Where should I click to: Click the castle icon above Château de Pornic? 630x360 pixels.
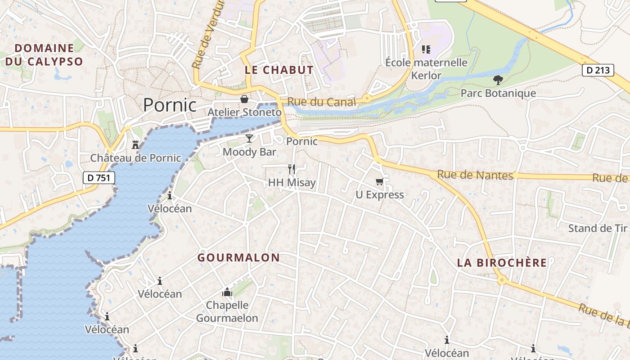pyautogui.click(x=135, y=144)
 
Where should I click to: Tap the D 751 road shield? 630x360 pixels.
pyautogui.click(x=99, y=178)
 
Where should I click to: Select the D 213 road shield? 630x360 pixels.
pyautogui.click(x=598, y=70)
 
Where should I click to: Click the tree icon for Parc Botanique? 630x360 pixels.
pyautogui.click(x=498, y=80)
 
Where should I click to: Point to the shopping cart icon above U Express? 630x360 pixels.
pyautogui.click(x=379, y=181)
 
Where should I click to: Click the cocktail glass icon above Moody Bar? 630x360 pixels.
pyautogui.click(x=249, y=139)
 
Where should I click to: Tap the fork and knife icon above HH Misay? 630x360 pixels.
pyautogui.click(x=292, y=169)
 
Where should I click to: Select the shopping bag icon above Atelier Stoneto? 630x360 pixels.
pyautogui.click(x=244, y=99)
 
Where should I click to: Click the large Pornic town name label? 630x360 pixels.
pyautogui.click(x=170, y=105)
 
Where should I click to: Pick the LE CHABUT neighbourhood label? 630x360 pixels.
pyautogui.click(x=279, y=70)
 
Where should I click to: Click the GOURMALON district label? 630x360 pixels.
pyautogui.click(x=239, y=258)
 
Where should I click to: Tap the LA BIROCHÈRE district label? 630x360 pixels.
pyautogui.click(x=502, y=263)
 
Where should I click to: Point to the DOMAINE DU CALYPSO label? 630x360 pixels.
pyautogui.click(x=44, y=55)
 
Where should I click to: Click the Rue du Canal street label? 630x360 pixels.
pyautogui.click(x=321, y=102)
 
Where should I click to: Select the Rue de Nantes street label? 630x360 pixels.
pyautogui.click(x=475, y=175)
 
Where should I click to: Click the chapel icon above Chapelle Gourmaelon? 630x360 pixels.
pyautogui.click(x=227, y=292)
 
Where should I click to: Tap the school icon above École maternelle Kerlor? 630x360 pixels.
pyautogui.click(x=426, y=49)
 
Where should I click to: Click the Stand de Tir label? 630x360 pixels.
pyautogui.click(x=597, y=228)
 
